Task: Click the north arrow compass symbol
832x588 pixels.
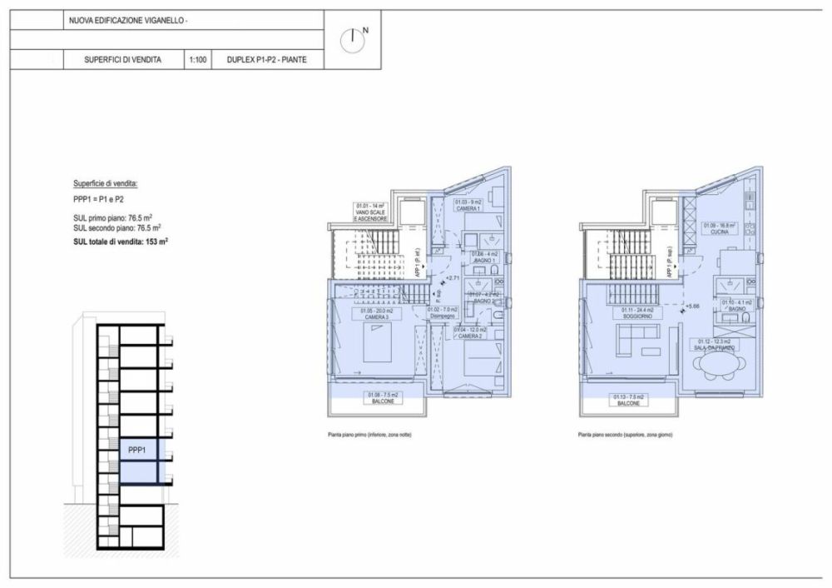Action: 354,38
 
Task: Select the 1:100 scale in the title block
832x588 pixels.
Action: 198,60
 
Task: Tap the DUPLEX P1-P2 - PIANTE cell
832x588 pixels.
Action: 261,60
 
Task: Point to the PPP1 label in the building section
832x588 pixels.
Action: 137,450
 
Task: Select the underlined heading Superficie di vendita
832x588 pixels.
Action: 105,183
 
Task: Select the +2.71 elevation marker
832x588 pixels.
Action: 453,278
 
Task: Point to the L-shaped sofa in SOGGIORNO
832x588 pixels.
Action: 636,341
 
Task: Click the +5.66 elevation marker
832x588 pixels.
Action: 693,306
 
